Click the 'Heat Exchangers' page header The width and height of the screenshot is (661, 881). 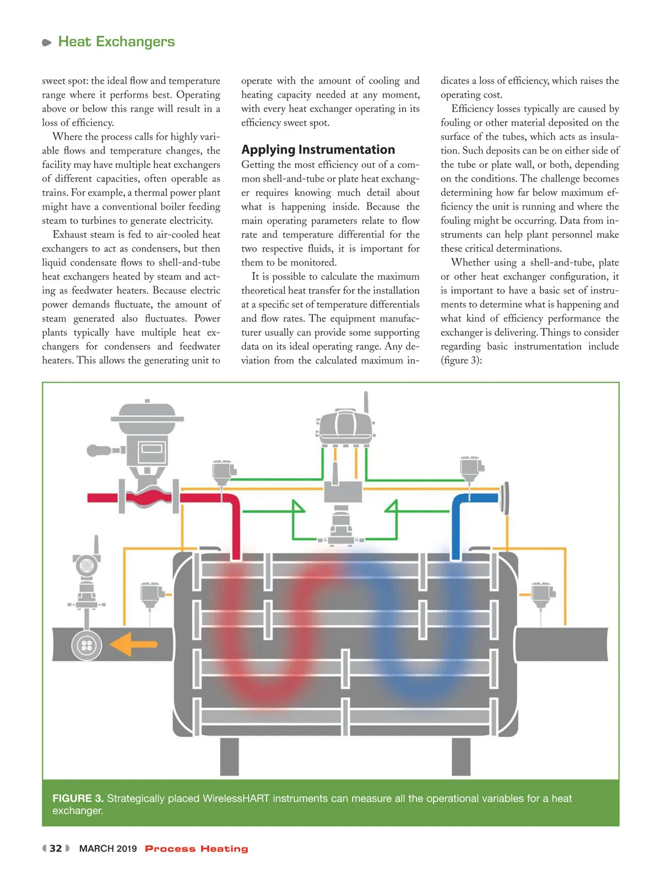[116, 42]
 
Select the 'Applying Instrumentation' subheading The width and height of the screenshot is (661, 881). [318, 150]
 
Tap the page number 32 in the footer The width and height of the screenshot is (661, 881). [56, 849]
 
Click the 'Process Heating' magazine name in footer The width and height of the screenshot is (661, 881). [196, 849]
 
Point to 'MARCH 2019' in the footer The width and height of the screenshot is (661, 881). [108, 849]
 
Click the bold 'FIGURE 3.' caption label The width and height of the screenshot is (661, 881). [78, 798]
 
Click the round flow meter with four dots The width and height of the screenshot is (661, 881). [86, 645]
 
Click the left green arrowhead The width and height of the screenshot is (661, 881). [298, 507]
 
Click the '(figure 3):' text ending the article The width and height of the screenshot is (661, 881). [461, 361]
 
